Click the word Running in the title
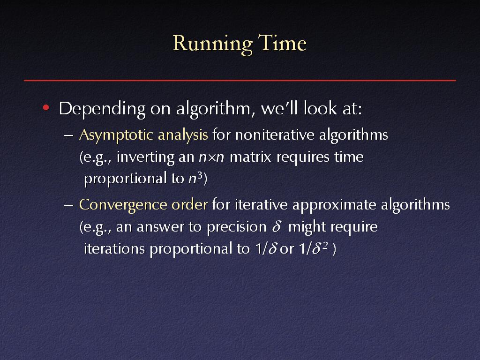pos(213,44)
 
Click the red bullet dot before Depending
pos(46,107)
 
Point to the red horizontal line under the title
pos(240,80)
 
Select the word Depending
pos(102,109)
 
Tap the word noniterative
pos(275,135)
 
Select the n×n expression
pos(211,157)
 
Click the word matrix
pos(250,157)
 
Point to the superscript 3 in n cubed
pos(200,176)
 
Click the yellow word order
pos(189,204)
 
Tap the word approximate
pos(334,205)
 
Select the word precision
pos(237,227)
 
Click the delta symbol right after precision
pos(277,227)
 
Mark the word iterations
pos(114,248)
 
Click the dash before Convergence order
pos(69,205)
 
